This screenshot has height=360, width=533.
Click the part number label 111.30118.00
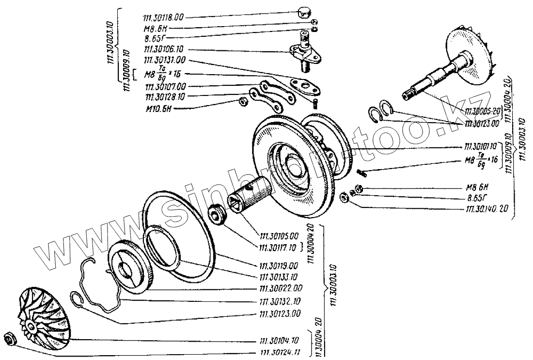[x=163, y=17]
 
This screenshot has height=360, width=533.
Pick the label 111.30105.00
[x=280, y=236]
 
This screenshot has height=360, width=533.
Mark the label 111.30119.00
[x=280, y=266]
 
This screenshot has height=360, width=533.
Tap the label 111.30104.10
[x=280, y=341]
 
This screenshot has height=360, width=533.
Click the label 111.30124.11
[x=280, y=352]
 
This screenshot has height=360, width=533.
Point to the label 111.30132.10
[x=280, y=301]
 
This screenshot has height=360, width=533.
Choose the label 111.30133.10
[x=280, y=277]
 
